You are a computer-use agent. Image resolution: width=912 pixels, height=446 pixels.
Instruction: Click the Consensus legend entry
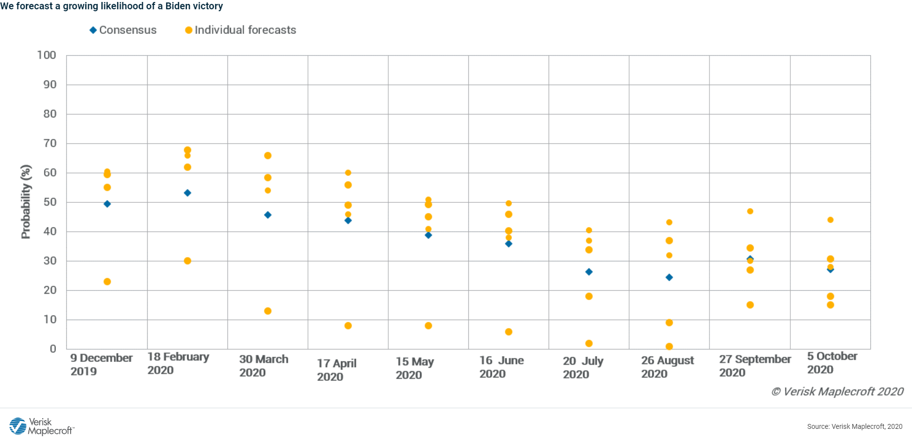[123, 30]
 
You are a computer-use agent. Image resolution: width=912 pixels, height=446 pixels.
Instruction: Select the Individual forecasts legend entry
[241, 30]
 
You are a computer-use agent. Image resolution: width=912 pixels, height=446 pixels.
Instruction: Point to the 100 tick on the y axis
[47, 55]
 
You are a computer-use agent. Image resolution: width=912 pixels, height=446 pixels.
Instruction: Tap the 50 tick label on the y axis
[50, 202]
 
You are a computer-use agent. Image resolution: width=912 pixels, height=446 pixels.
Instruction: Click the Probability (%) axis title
[25, 202]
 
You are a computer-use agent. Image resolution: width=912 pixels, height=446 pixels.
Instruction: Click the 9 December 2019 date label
[101, 364]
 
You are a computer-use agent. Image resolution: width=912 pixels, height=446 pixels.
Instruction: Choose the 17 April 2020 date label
[336, 370]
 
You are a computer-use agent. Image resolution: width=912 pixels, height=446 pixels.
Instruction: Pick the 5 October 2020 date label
[832, 363]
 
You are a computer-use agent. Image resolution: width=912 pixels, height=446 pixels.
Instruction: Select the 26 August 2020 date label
[667, 367]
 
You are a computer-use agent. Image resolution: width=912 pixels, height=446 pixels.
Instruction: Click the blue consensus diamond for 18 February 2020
[187, 193]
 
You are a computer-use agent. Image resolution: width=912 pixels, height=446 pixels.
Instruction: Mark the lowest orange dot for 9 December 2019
[107, 282]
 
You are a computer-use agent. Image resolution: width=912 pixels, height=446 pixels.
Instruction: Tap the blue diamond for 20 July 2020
[589, 272]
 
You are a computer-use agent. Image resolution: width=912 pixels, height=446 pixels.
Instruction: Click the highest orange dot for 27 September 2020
[750, 211]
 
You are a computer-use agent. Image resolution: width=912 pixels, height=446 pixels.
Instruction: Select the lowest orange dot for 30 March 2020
[268, 311]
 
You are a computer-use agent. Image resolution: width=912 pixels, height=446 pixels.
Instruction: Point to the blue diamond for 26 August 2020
[669, 278]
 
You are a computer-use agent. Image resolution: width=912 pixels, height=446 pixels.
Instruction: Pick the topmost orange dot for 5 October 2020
[830, 220]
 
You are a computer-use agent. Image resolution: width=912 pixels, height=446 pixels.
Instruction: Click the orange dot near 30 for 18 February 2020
[187, 261]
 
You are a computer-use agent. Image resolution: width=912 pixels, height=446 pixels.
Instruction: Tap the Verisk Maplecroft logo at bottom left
[41, 426]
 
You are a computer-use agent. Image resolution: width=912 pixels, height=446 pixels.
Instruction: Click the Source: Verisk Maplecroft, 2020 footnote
[854, 426]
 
